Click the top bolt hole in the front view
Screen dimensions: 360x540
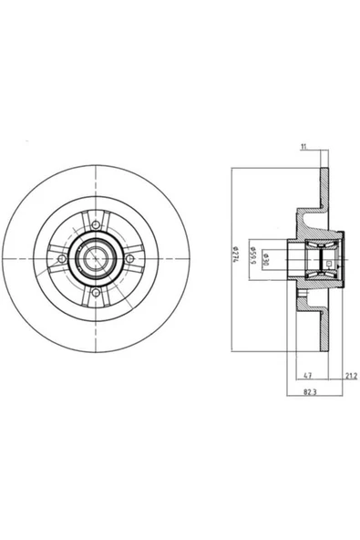tap(96, 225)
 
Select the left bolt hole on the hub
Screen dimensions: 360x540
tap(62, 259)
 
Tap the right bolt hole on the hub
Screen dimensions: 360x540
tap(129, 258)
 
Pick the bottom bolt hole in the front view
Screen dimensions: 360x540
tap(96, 293)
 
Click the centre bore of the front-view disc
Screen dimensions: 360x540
tap(92, 259)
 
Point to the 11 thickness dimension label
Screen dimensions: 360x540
tap(303, 147)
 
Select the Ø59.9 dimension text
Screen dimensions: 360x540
tap(252, 254)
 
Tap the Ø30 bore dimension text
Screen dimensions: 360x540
tap(266, 257)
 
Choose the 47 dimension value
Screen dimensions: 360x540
tap(308, 375)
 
